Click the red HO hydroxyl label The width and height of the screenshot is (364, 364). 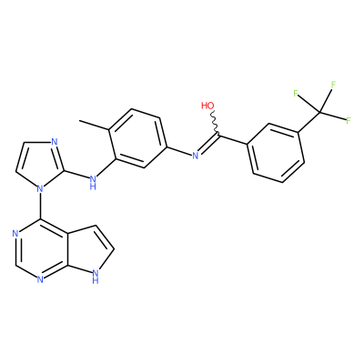(207, 106)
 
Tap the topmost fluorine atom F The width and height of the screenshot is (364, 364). (333, 85)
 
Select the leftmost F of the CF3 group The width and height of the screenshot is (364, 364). (296, 93)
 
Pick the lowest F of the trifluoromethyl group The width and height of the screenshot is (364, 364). (349, 120)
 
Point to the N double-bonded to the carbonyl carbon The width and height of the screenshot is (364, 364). (196, 156)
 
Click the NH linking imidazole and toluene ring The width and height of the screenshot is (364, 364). (93, 181)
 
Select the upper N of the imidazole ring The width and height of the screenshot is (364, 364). (55, 142)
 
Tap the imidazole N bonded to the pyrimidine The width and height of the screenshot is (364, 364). (39, 189)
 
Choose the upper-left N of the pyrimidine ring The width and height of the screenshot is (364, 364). (15, 234)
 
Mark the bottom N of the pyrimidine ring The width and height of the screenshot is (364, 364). (40, 279)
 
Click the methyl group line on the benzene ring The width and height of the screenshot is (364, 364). (94, 126)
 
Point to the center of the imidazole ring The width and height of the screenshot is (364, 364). (39, 163)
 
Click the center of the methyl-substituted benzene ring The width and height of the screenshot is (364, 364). (137, 138)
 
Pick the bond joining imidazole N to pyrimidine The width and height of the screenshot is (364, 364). (40, 207)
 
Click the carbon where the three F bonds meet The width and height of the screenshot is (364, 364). (319, 113)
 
